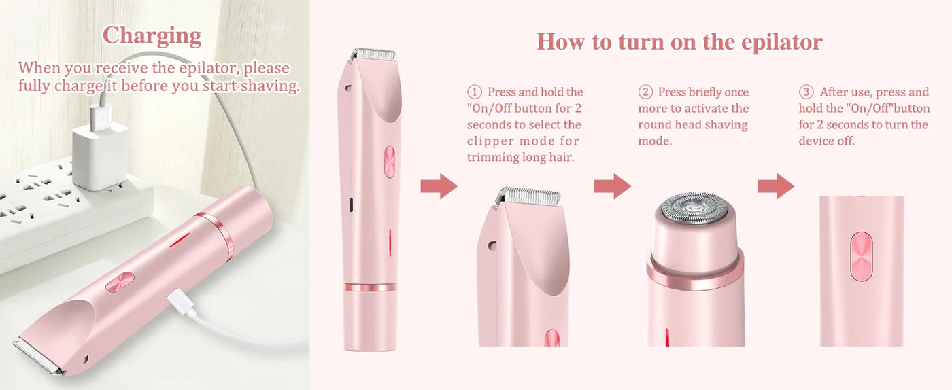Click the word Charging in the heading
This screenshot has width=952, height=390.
click(152, 37)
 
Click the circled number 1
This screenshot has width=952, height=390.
click(475, 92)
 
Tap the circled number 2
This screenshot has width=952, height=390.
click(645, 92)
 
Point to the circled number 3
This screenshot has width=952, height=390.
click(806, 92)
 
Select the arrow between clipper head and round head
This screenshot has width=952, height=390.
click(613, 185)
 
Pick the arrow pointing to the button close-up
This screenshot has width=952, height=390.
click(776, 185)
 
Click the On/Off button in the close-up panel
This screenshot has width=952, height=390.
click(861, 256)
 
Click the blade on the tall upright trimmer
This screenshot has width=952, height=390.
click(373, 54)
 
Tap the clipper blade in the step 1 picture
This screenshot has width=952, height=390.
click(528, 194)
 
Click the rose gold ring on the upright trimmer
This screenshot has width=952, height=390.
click(370, 287)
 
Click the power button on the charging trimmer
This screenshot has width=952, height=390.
click(120, 282)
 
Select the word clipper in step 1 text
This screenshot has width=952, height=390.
click(490, 141)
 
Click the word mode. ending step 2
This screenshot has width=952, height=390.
click(655, 141)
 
